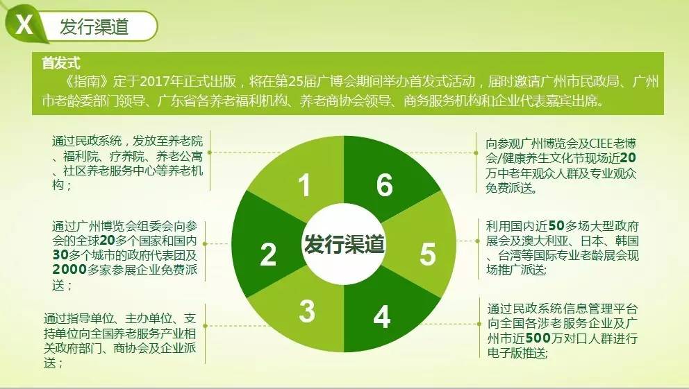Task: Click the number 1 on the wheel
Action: [304, 184]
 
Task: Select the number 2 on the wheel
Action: [268, 254]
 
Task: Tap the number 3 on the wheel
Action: [307, 311]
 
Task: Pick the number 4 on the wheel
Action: [381, 317]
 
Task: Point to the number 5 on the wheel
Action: [428, 254]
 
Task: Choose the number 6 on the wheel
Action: [385, 184]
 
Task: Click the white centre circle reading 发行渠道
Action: [344, 244]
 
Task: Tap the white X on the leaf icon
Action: [24, 24]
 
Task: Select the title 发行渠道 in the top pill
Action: [94, 27]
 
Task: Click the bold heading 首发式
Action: [60, 63]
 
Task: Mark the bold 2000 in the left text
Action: [69, 269]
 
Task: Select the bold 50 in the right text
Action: [557, 226]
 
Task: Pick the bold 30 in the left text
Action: [60, 254]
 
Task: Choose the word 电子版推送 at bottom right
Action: [516, 353]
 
